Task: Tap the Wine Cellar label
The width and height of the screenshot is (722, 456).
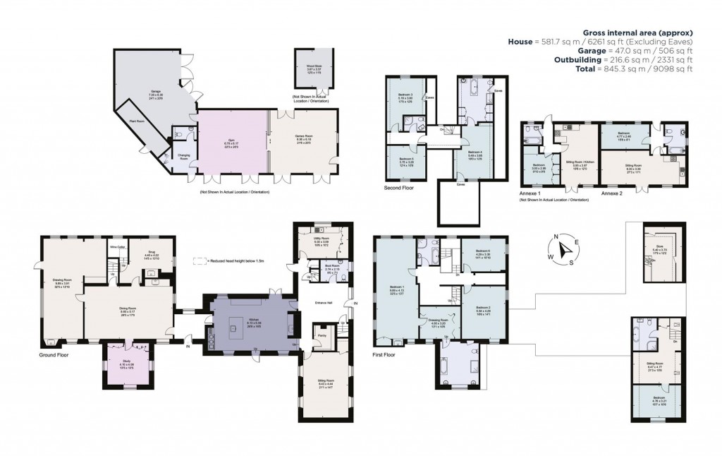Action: point(117,247)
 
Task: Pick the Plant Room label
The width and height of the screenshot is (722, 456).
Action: point(137,121)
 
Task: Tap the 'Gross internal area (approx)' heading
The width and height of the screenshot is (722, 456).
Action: point(637,32)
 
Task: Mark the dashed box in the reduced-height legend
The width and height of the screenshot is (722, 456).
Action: point(198,260)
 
